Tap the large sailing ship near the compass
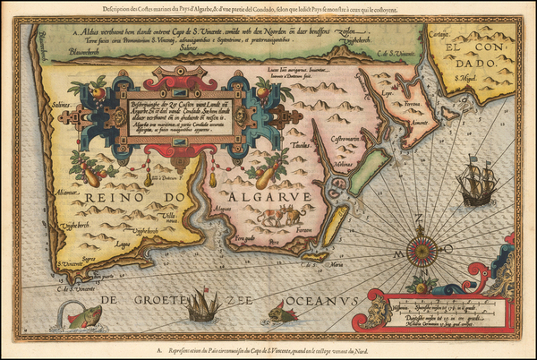click(x=475, y=184)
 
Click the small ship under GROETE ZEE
click(x=203, y=307)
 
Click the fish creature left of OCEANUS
click(x=284, y=311)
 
